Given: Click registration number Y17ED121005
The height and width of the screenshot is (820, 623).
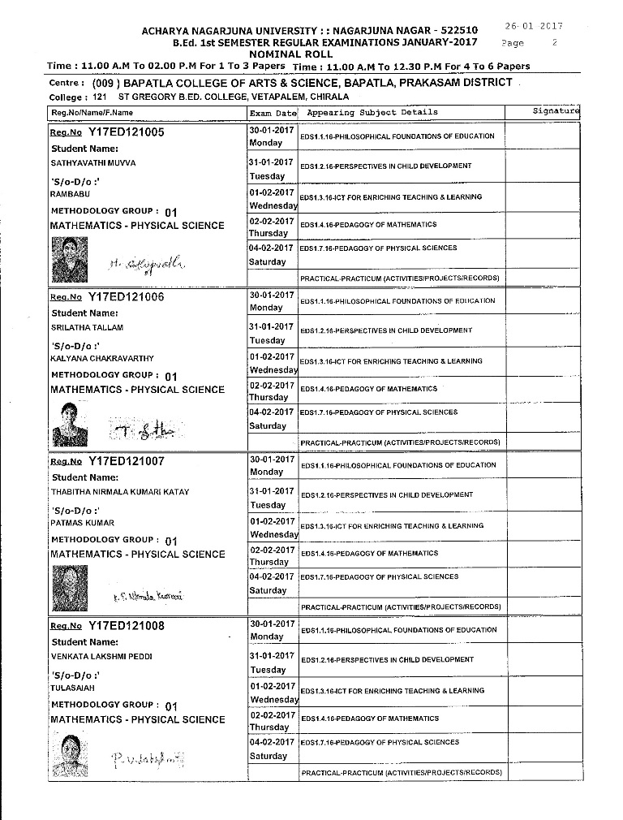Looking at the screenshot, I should pos(126,132).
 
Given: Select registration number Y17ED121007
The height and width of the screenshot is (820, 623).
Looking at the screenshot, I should pos(126,460).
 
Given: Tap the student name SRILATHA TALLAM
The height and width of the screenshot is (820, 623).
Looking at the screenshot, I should pos(87,328).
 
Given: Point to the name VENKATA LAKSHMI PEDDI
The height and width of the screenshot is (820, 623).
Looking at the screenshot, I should pos(101,656).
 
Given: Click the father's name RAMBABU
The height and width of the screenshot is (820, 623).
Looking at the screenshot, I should pos(71,195).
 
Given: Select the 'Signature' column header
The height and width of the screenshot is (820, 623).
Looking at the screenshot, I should pos(556,110).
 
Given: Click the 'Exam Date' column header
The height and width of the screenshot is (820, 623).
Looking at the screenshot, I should pos(273,113).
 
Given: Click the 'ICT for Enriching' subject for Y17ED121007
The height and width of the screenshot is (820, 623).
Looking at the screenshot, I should pos(391,526).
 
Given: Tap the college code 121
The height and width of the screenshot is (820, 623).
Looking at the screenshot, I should pos(100,97).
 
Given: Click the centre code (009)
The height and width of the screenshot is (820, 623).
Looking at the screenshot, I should pos(106,83).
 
